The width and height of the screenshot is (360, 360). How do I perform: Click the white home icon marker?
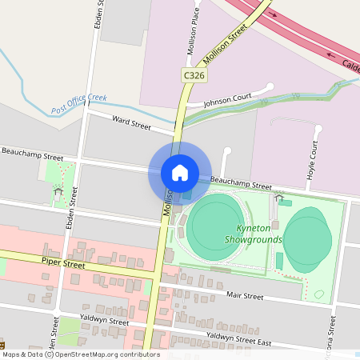(x=180, y=173)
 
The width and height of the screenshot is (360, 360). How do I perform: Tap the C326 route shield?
(x=193, y=74)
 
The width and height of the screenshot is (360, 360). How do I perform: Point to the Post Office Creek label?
(x=79, y=103)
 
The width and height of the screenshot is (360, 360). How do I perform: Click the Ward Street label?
(x=131, y=123)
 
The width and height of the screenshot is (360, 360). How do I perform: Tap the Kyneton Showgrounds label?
(x=254, y=234)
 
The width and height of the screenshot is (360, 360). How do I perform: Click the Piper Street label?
(x=63, y=262)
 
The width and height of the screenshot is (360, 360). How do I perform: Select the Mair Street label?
(x=245, y=295)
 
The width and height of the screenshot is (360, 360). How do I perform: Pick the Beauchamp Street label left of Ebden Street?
(x=32, y=153)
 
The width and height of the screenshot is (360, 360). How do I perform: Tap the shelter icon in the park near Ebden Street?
(x=58, y=192)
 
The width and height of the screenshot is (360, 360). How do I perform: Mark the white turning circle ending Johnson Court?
(x=270, y=86)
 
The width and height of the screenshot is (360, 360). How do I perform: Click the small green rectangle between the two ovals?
(x=279, y=261)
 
